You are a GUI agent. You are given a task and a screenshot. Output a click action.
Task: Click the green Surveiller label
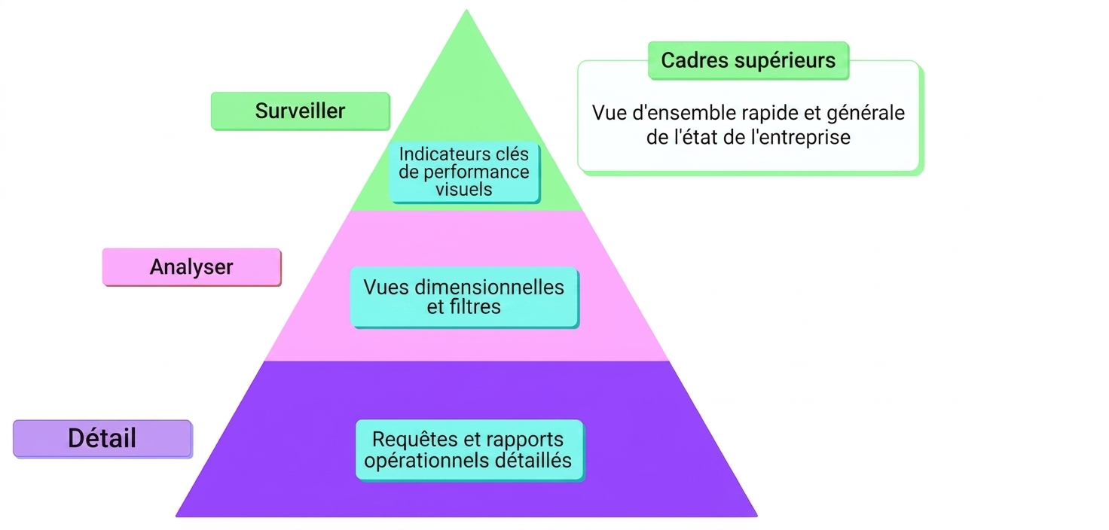[x=301, y=111]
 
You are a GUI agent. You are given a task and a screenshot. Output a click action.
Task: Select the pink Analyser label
[x=191, y=267]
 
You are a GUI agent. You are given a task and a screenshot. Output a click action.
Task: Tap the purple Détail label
[x=102, y=439]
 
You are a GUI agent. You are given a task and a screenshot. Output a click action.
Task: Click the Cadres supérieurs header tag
[x=749, y=60]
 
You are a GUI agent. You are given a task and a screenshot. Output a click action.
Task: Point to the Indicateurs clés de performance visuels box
[x=464, y=172]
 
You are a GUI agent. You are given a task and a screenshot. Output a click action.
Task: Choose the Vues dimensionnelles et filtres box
[x=464, y=297]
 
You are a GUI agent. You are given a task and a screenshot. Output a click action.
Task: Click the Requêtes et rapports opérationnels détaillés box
[x=469, y=450]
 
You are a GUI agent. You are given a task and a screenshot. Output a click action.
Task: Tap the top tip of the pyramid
[x=466, y=10]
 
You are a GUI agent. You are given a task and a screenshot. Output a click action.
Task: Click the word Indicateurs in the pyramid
[x=435, y=154]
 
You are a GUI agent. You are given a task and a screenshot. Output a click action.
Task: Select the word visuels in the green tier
[x=464, y=190]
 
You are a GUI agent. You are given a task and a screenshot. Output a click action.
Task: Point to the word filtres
[x=474, y=307]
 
